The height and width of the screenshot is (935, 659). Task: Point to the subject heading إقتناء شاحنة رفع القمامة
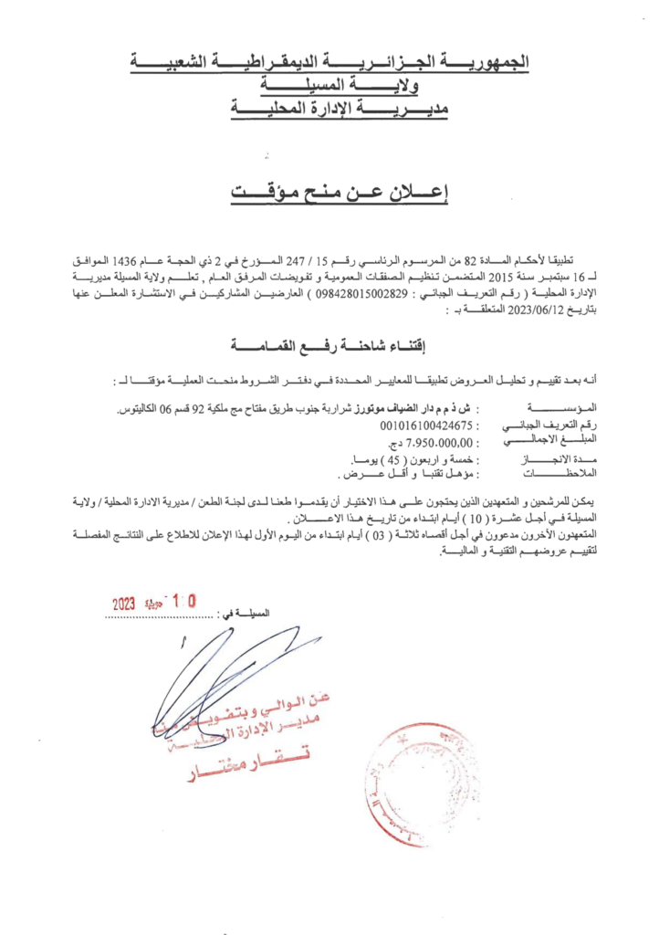[x=329, y=345]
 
